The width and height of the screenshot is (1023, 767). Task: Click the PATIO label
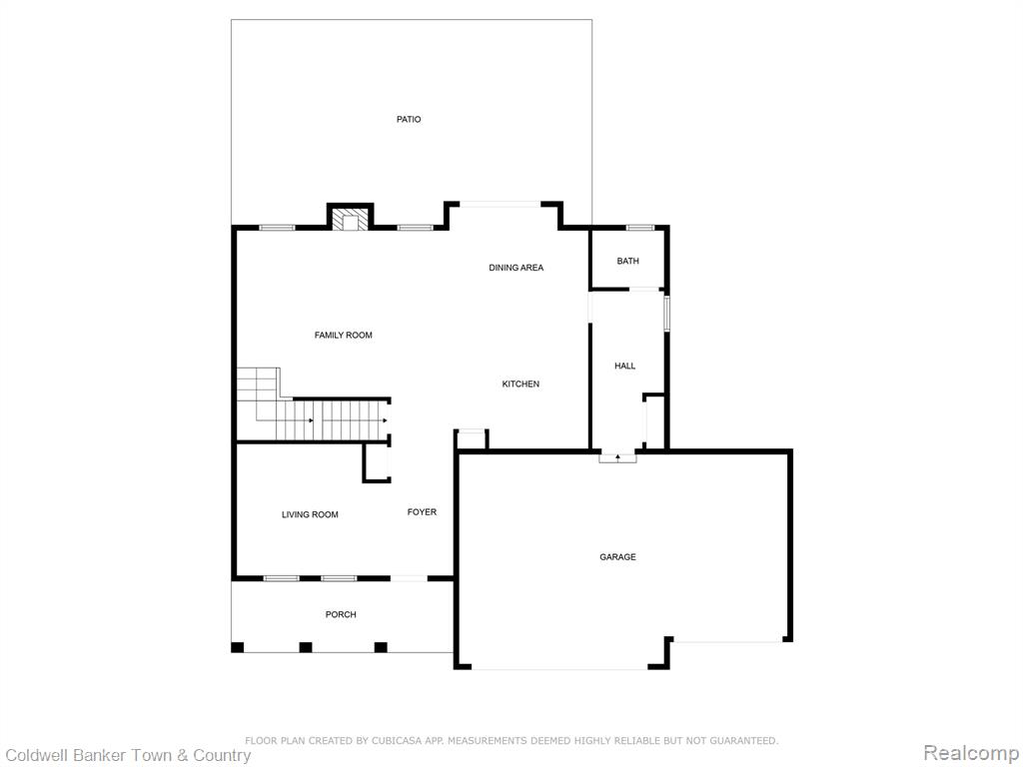pyautogui.click(x=409, y=120)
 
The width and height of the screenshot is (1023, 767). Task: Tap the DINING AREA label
pyautogui.click(x=516, y=268)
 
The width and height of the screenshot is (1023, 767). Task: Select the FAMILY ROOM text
pyautogui.click(x=344, y=336)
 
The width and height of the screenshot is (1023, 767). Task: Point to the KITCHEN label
pyautogui.click(x=520, y=384)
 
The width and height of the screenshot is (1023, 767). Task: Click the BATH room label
pyautogui.click(x=627, y=261)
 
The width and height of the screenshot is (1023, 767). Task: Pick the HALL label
pyautogui.click(x=625, y=366)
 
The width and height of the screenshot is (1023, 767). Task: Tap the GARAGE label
pyautogui.click(x=617, y=557)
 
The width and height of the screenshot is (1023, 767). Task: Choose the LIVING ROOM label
pyautogui.click(x=310, y=514)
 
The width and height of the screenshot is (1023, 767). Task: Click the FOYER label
pyautogui.click(x=423, y=512)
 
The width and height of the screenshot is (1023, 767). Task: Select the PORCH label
pyautogui.click(x=341, y=614)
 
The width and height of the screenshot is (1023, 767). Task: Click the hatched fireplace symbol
pyautogui.click(x=351, y=219)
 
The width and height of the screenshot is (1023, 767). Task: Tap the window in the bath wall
pyautogui.click(x=640, y=228)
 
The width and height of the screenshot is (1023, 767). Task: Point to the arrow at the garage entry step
pyautogui.click(x=617, y=457)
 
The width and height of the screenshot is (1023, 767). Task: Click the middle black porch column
pyautogui.click(x=306, y=647)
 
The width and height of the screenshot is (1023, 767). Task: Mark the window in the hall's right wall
pyautogui.click(x=666, y=313)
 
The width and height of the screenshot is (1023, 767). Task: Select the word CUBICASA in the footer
pyautogui.click(x=398, y=740)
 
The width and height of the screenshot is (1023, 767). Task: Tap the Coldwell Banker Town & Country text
pyautogui.click(x=128, y=755)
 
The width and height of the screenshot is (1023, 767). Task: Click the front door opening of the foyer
pyautogui.click(x=409, y=578)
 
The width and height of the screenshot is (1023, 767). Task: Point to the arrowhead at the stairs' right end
pyautogui.click(x=385, y=420)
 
